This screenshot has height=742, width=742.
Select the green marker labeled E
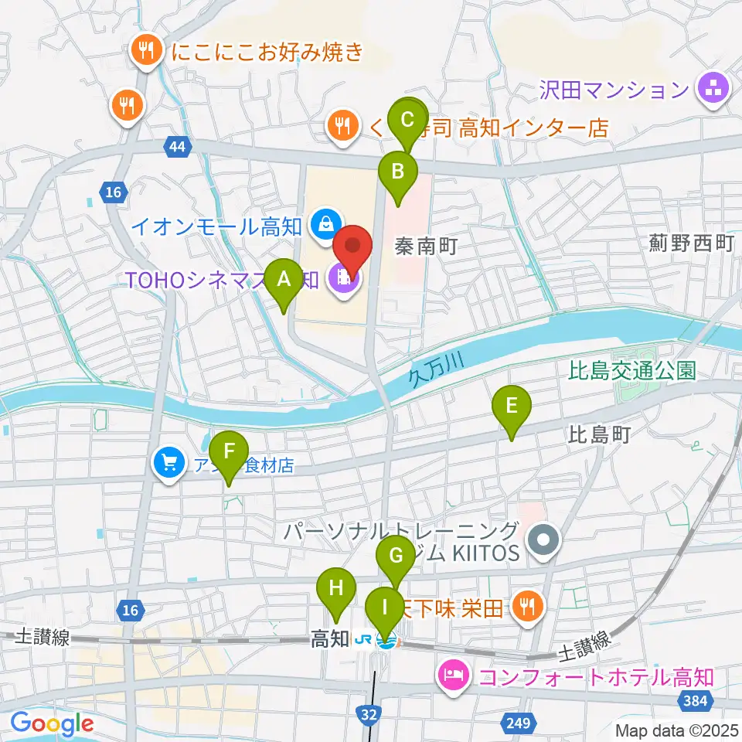512,406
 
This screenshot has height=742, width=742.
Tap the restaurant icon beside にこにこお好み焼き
145,51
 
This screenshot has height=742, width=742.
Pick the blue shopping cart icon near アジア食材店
169,465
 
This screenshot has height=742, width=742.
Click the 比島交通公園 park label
631,370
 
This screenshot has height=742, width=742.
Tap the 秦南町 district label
427,247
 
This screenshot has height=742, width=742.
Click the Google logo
52,723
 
